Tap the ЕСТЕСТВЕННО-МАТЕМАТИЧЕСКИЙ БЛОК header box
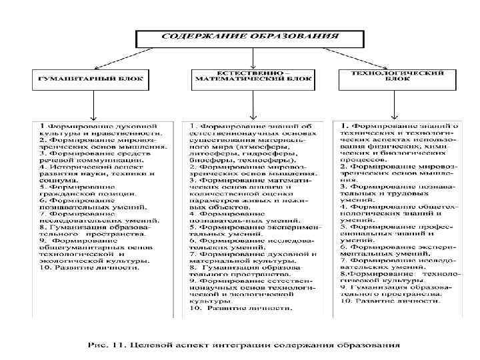click(x=251, y=78)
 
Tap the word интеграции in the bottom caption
click(x=251, y=345)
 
